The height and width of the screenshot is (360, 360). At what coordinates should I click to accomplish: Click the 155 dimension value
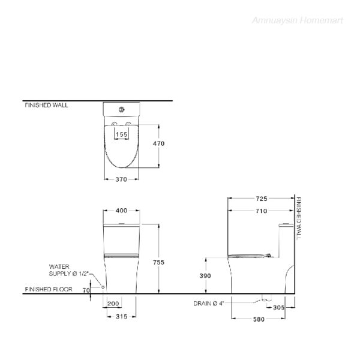(121, 134)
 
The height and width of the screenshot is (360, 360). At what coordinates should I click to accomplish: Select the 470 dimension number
(158, 143)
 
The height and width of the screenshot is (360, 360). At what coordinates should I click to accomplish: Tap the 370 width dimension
(121, 179)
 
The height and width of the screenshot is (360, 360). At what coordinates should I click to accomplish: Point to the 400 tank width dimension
(121, 211)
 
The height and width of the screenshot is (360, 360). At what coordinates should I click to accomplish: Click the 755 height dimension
(158, 262)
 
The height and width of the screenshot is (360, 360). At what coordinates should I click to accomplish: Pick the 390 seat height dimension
(205, 276)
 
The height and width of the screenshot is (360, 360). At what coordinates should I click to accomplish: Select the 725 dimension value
(262, 199)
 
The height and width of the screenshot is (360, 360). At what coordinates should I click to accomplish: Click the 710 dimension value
(262, 211)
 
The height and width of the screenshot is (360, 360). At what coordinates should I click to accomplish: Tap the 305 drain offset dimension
(279, 307)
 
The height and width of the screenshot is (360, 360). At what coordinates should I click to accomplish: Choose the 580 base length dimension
(259, 319)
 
